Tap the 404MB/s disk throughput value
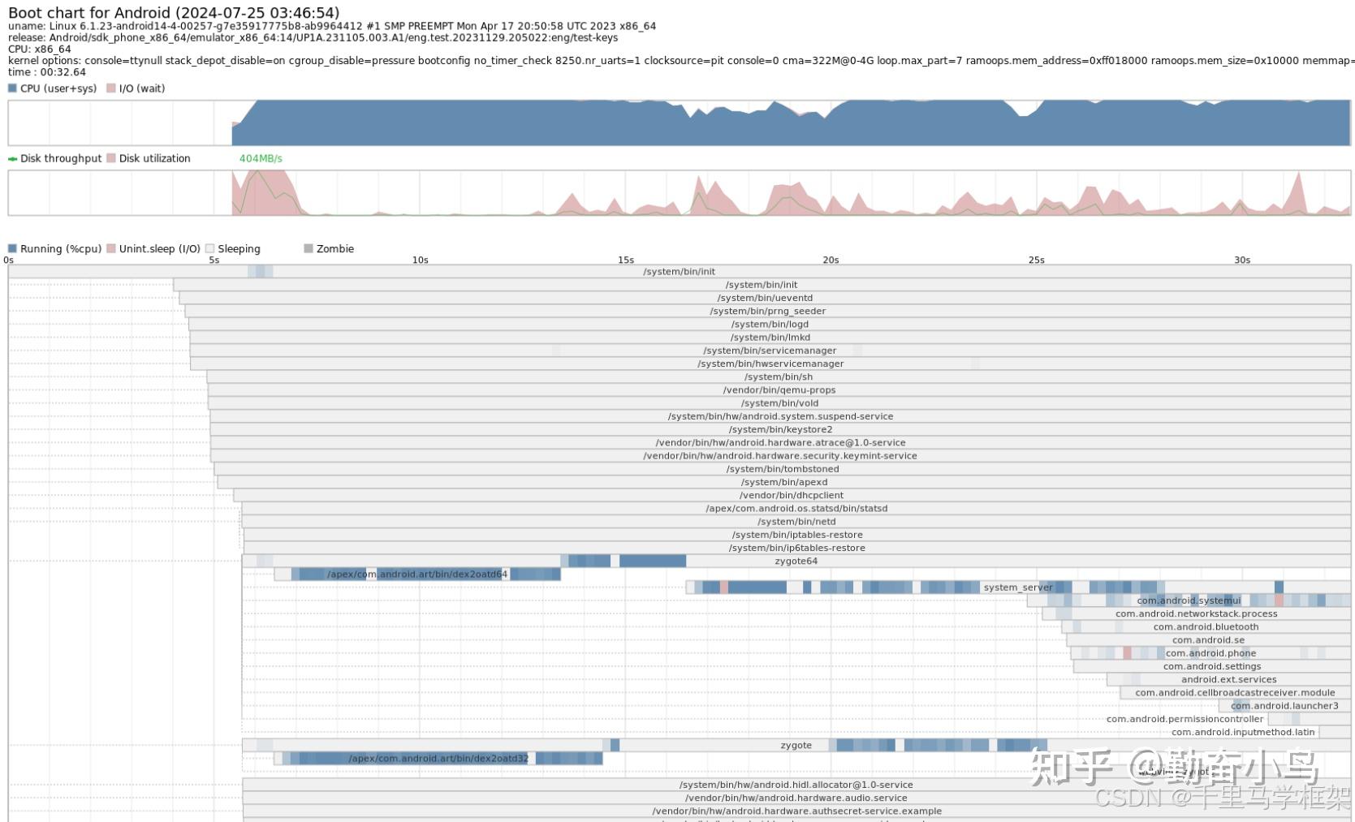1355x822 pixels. click(x=261, y=158)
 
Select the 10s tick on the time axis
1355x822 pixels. click(x=420, y=260)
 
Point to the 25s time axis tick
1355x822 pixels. click(x=1036, y=260)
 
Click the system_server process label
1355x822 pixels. click(x=1017, y=587)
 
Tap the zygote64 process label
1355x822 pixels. click(x=796, y=562)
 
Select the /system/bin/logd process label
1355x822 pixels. click(x=770, y=325)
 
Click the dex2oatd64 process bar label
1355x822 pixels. click(x=417, y=575)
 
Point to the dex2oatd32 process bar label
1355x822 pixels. click(x=438, y=759)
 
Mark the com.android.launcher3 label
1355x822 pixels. click(x=1284, y=706)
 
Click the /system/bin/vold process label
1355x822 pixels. click(x=779, y=403)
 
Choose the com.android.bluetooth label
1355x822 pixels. click(x=1206, y=627)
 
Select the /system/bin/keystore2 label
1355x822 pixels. click(x=780, y=430)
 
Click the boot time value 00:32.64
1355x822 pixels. click(x=63, y=72)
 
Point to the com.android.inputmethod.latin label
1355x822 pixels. click(x=1242, y=733)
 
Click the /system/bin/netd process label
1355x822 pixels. click(x=796, y=522)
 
